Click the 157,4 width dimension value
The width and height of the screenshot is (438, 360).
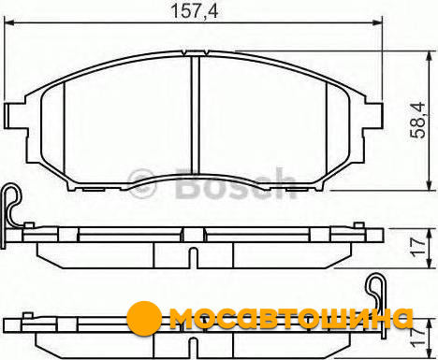pyautogui.click(x=195, y=11)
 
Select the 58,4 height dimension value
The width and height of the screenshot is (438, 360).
pyautogui.click(x=418, y=120)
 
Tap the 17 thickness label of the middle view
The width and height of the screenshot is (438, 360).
pyautogui.click(x=418, y=248)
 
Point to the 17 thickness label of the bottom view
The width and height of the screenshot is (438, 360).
pyautogui.click(x=418, y=338)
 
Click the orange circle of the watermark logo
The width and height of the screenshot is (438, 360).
pyautogui.click(x=144, y=318)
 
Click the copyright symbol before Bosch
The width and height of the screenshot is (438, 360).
pyautogui.click(x=141, y=183)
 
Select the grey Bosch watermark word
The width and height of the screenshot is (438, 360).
pyautogui.click(x=236, y=183)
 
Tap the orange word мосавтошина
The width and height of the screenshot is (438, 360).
pyautogui.click(x=291, y=319)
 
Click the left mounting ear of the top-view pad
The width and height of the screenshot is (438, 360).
pyautogui.click(x=16, y=115)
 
